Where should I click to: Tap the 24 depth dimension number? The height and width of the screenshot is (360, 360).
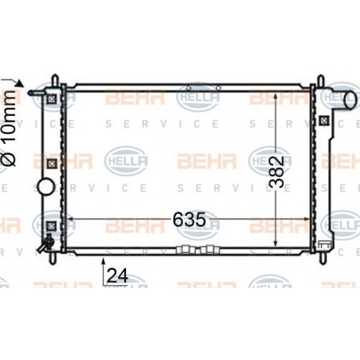(x=119, y=275)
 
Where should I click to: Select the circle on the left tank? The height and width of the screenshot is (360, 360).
(x=46, y=188)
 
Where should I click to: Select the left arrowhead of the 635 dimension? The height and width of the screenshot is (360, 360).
(x=70, y=218)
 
